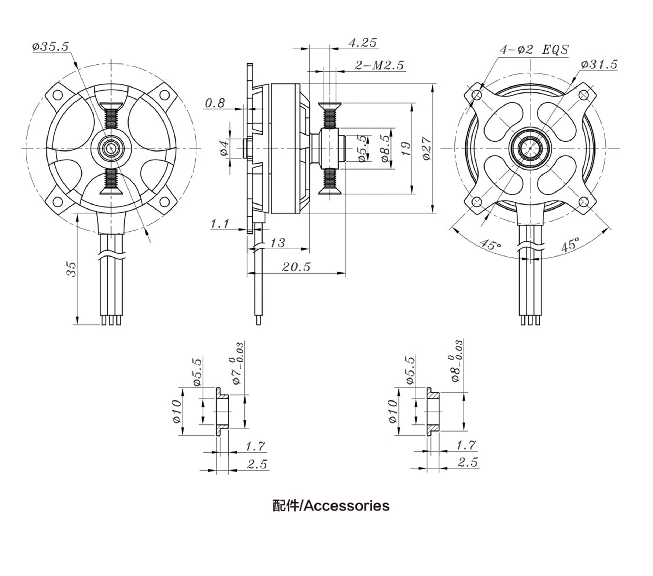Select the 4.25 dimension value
click(362, 43)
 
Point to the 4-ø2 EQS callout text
click(534, 50)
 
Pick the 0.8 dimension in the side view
click(215, 103)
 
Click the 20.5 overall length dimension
click(296, 267)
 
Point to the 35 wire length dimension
click(71, 269)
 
